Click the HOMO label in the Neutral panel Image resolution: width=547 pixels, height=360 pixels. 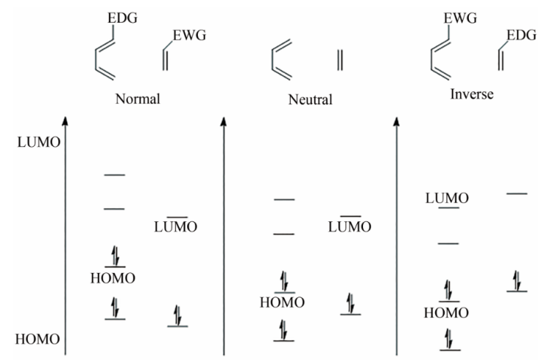tap(282, 302)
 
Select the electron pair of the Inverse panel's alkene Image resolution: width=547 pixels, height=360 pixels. tap(517, 280)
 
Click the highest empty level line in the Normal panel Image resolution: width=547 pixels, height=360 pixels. tap(115, 175)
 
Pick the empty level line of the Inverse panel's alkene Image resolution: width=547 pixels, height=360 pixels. tap(517, 194)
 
